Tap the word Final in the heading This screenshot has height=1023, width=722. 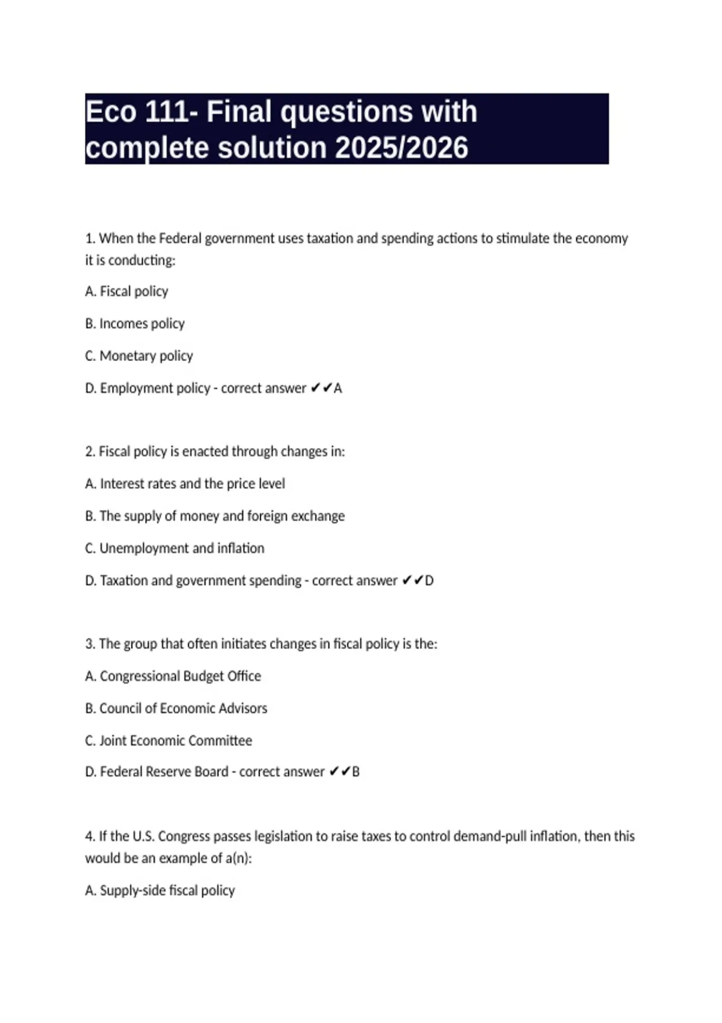[x=239, y=112]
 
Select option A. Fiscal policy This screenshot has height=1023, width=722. [x=126, y=291]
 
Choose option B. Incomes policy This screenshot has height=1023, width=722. [x=135, y=324]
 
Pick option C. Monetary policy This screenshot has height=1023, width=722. [x=139, y=356]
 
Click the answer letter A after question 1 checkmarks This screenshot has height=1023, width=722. [x=338, y=389]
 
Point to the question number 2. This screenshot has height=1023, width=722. [x=90, y=451]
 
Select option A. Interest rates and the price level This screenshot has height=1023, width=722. [x=185, y=484]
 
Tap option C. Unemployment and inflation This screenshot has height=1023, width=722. [x=174, y=548]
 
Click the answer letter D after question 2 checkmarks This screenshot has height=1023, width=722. [x=429, y=581]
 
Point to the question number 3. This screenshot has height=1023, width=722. [x=90, y=644]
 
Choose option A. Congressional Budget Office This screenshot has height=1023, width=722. [x=173, y=676]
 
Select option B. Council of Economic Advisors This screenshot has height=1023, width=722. [x=176, y=708]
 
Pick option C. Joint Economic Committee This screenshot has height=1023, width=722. [x=168, y=741]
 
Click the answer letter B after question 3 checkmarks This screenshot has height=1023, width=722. [x=356, y=772]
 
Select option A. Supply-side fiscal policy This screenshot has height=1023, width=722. [x=159, y=891]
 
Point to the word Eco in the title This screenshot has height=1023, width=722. [x=111, y=112]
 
